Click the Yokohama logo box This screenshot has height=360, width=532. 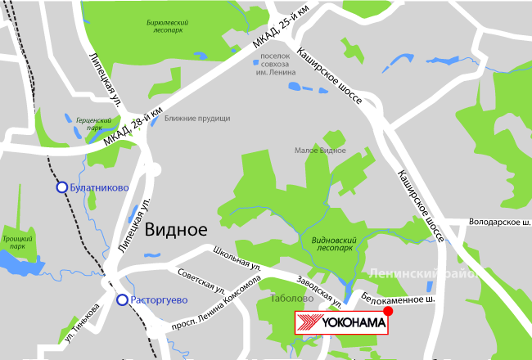tap(340, 322)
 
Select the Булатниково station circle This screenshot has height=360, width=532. tap(61, 187)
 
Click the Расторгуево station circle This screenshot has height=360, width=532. tap(122, 300)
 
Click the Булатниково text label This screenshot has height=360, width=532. tap(100, 187)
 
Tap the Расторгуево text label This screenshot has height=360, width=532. tap(160, 300)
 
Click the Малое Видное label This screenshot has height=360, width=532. tap(320, 151)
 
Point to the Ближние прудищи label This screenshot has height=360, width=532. tap(197, 119)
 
